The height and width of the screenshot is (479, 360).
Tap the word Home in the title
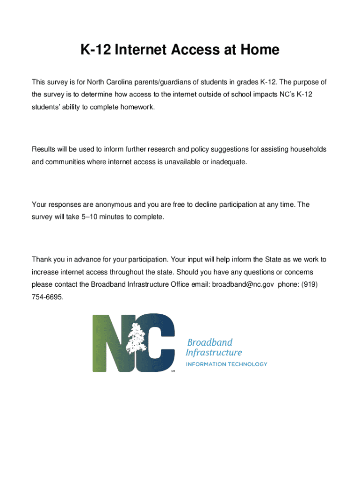coord(259,50)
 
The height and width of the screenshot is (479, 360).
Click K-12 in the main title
coord(94,50)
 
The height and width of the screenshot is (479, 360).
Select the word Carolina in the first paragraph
coord(118,82)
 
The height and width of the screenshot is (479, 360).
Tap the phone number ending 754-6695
coord(47,297)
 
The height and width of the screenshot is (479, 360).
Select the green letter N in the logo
coord(108,343)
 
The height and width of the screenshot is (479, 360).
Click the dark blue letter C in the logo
coord(161,343)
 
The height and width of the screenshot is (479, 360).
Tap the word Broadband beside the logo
coord(210,342)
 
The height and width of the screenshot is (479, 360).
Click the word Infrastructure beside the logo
coord(214,353)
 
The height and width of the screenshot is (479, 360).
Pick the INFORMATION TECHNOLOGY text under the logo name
coord(227,364)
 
